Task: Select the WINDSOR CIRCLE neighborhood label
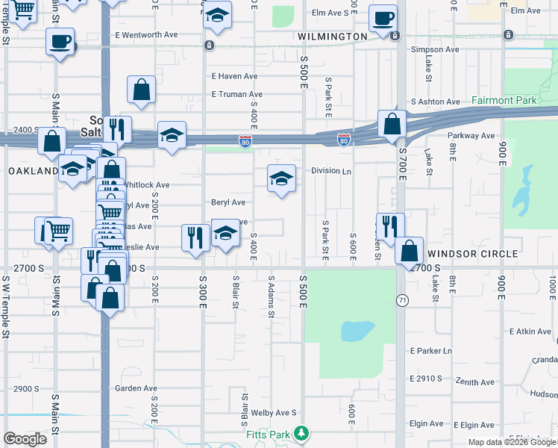473,254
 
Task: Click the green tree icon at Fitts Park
301,432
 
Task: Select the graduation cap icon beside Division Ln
281,178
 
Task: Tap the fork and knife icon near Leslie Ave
195,237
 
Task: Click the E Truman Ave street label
236,95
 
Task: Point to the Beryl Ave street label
228,202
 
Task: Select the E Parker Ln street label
431,351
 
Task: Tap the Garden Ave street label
136,388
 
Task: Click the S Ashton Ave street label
436,102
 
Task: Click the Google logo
25,439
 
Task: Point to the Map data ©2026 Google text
510,442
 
